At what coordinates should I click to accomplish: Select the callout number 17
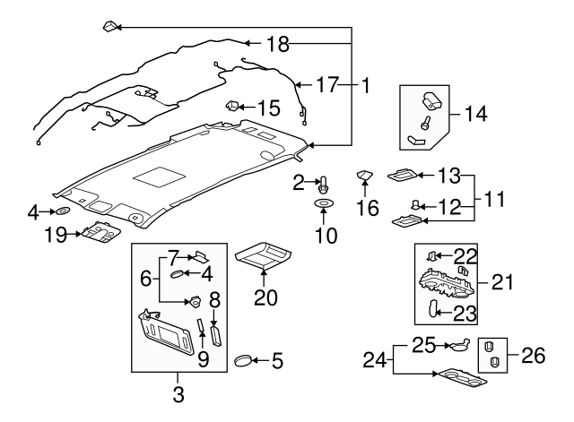click(327, 86)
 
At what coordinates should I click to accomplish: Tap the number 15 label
click(269, 108)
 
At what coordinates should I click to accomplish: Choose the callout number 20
click(265, 297)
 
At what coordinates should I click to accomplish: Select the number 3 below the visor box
click(178, 392)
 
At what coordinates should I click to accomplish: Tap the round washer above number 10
click(321, 206)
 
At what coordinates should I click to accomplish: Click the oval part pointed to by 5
click(243, 361)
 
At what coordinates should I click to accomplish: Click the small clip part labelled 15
click(232, 107)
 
